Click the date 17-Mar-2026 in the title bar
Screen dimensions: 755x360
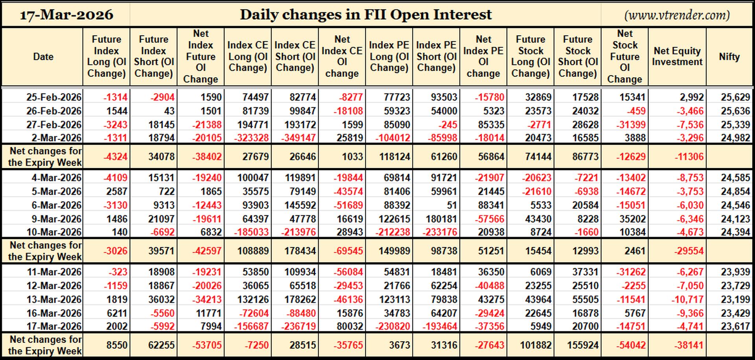[x=66, y=15]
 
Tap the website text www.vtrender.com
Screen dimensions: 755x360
[x=677, y=15]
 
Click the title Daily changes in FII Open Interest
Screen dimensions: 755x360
[x=366, y=15]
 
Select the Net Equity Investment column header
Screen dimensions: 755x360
[x=677, y=56]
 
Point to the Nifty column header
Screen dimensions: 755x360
[x=729, y=57]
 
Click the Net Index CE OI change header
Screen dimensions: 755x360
[x=342, y=56]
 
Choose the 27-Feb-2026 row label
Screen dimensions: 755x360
[x=54, y=125]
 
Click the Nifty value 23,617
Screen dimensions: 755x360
[x=735, y=327]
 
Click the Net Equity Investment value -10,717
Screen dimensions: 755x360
[x=687, y=299]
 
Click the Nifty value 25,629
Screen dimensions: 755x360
[x=735, y=97]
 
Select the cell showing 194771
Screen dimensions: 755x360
[x=253, y=125]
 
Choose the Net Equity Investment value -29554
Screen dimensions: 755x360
[x=689, y=251]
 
